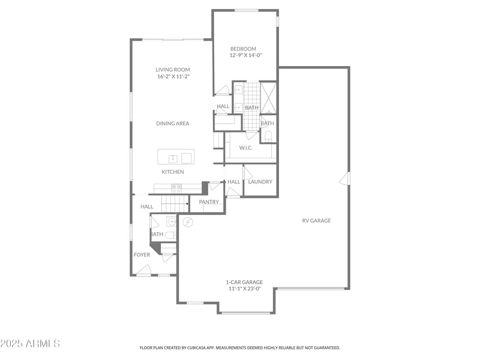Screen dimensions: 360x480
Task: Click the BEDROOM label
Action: click(243, 49)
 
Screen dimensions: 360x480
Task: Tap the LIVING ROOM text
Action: click(173, 70)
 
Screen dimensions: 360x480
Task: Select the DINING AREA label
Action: click(173, 124)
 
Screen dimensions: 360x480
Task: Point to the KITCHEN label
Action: click(172, 172)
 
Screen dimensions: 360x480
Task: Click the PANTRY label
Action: click(209, 202)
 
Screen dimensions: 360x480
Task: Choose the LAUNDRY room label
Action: click(260, 182)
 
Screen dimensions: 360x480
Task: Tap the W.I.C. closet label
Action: click(247, 148)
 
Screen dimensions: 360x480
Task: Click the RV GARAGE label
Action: click(316, 221)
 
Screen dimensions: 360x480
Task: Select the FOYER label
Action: click(142, 255)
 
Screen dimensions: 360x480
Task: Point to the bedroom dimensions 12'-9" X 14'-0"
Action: click(246, 55)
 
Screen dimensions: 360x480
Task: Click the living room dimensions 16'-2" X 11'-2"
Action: click(173, 77)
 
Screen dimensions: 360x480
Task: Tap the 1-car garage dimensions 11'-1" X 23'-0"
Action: click(244, 289)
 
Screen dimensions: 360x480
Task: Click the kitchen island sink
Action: click(173, 158)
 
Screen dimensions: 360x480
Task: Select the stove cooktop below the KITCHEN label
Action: click(176, 188)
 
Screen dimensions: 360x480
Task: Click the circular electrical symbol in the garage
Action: click(188, 222)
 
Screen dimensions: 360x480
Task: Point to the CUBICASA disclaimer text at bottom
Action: click(240, 347)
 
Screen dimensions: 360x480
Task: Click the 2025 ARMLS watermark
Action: click(30, 344)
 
